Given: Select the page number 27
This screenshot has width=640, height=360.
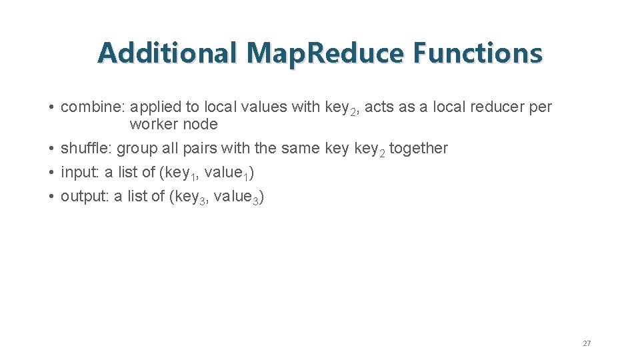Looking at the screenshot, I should [587, 343].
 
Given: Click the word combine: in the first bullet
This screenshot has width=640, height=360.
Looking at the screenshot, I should [93, 107].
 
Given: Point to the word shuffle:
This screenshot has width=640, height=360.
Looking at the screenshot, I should [87, 148].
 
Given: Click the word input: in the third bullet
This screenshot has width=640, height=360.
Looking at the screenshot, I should [80, 173].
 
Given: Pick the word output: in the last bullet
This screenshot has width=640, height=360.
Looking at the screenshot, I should [85, 197].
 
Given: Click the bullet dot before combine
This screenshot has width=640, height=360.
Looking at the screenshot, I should [51, 107].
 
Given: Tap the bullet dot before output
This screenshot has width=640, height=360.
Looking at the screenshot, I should [51, 197].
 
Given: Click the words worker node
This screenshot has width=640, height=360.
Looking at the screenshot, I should [173, 124].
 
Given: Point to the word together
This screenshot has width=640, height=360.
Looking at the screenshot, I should [419, 148].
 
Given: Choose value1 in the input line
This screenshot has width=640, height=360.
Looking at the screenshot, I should [226, 173].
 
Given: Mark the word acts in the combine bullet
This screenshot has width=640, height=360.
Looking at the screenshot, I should [380, 107].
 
